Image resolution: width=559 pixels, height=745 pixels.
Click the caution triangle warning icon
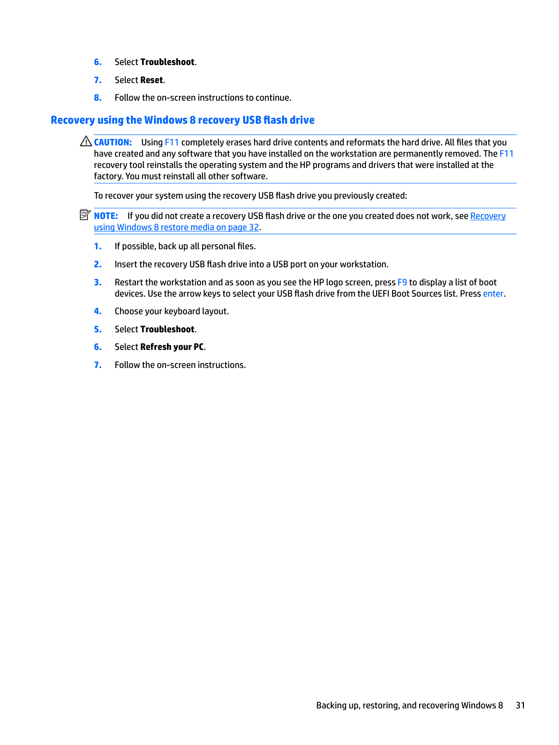tap(86, 141)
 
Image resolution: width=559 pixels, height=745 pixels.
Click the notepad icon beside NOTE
tap(85, 215)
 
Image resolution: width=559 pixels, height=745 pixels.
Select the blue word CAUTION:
tap(113, 142)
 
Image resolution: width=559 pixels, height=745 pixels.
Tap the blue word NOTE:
tap(106, 216)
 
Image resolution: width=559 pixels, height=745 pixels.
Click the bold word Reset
tap(152, 80)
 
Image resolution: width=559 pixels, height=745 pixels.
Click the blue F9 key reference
tap(402, 282)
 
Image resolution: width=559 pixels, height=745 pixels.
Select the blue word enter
tap(493, 293)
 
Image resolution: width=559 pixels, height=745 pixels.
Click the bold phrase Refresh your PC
tap(172, 347)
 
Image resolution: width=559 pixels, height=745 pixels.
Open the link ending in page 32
tap(176, 227)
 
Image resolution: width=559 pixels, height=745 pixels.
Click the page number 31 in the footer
tap(520, 705)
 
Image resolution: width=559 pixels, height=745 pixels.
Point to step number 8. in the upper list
tap(98, 98)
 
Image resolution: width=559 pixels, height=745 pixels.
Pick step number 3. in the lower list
tap(98, 282)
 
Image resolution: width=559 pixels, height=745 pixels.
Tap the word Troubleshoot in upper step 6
tap(167, 62)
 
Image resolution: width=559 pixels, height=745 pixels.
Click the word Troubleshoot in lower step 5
tap(167, 329)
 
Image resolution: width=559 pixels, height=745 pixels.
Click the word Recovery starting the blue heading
tap(73, 120)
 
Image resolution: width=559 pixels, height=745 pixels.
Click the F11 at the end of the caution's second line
tap(506, 154)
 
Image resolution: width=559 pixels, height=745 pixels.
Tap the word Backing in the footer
tap(331, 705)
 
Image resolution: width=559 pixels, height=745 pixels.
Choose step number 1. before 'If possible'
tap(98, 246)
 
